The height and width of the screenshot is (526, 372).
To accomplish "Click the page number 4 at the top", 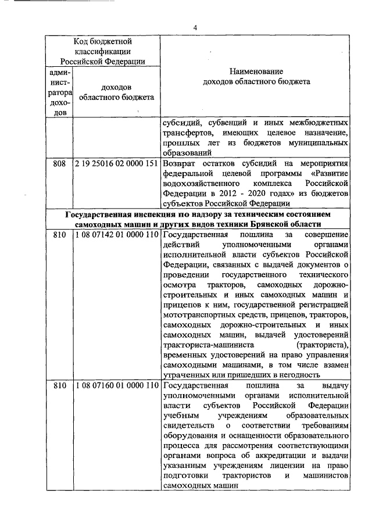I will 195,27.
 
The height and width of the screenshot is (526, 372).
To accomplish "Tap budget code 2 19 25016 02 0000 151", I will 116,164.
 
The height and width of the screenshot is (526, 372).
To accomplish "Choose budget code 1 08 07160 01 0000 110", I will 116,387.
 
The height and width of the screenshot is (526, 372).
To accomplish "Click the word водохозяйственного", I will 202,184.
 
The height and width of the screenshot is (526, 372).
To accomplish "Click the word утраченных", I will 185,375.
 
